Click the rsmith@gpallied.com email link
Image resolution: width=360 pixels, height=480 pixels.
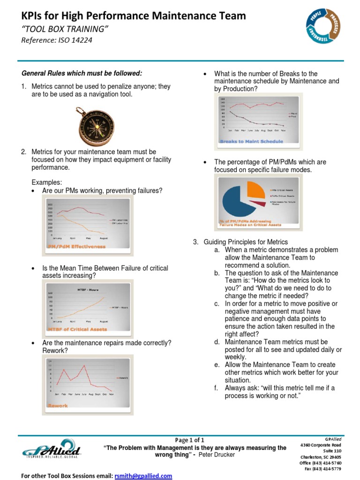[x=143, y=476]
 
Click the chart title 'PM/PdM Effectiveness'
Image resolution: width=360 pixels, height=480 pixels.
[x=76, y=246]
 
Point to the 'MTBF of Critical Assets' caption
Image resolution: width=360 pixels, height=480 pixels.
[x=77, y=329]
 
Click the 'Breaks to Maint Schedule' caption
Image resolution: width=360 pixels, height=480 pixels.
[x=252, y=141]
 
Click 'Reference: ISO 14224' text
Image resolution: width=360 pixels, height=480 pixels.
[x=57, y=40]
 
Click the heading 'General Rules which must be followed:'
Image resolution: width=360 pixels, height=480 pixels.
[x=82, y=73]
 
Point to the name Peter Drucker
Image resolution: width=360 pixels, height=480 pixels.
[x=217, y=455]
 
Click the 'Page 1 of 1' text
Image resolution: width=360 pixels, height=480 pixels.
[x=189, y=440]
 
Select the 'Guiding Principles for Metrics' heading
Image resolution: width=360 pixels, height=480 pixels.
[x=245, y=242]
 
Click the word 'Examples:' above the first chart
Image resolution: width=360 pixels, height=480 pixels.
[x=46, y=182]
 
